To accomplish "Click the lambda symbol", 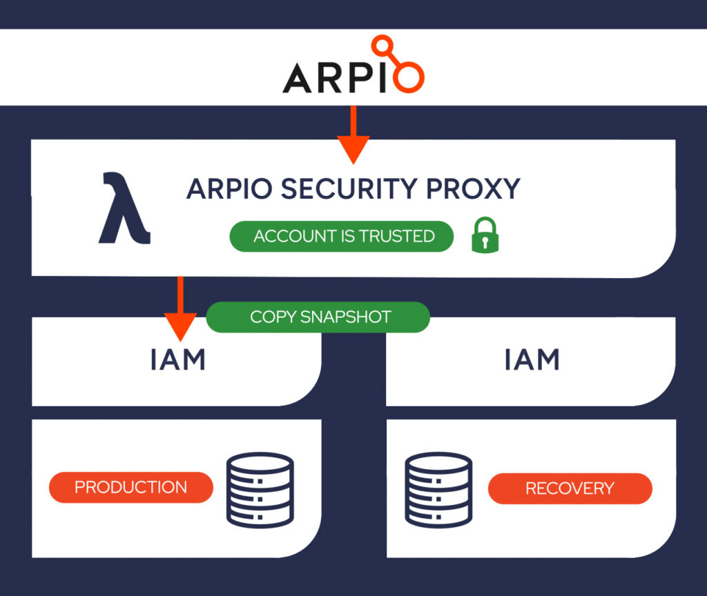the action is [x=124, y=208].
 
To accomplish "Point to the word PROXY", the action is [x=473, y=189].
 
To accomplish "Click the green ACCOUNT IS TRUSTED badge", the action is [x=341, y=236].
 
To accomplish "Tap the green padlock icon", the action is [x=485, y=235].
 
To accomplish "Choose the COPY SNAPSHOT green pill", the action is [x=318, y=317].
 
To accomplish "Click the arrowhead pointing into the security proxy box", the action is [x=353, y=150].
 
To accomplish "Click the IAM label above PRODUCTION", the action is [x=177, y=359].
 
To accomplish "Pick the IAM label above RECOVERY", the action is [x=532, y=359].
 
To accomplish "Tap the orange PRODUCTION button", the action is [x=130, y=488].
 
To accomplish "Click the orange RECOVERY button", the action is [x=570, y=488].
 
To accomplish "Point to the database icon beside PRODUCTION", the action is [x=260, y=490].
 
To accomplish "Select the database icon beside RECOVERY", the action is [x=438, y=490].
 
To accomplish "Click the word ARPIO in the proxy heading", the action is [x=229, y=189].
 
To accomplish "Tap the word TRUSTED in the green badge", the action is [x=397, y=236].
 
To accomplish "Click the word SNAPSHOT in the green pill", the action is [x=345, y=317].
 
